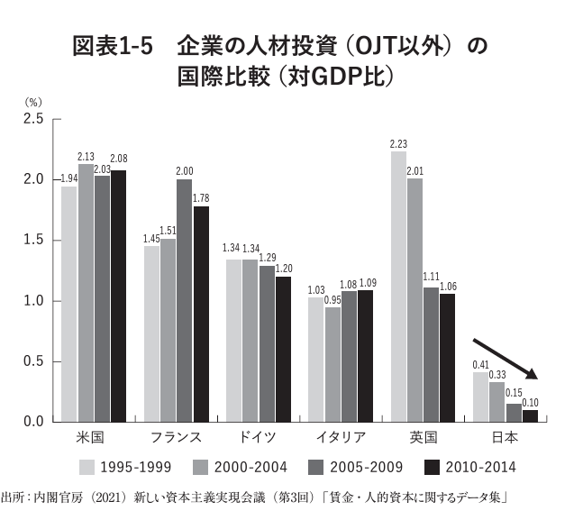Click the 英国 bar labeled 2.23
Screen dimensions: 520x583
398,287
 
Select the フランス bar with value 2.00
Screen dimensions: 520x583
184,300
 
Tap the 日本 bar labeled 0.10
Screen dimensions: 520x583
531,415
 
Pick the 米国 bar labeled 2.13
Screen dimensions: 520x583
86,293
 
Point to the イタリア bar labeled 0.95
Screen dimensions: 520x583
332,364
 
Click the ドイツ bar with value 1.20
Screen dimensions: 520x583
283,349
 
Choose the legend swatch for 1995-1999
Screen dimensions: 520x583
87,467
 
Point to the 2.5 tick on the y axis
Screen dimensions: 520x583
33,119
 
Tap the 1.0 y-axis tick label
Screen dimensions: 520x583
33,301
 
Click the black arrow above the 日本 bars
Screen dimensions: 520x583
505,360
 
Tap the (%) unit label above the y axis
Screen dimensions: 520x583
32,102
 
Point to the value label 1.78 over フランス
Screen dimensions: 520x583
201,198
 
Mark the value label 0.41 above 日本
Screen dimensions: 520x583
481,364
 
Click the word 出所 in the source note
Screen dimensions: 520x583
12,497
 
